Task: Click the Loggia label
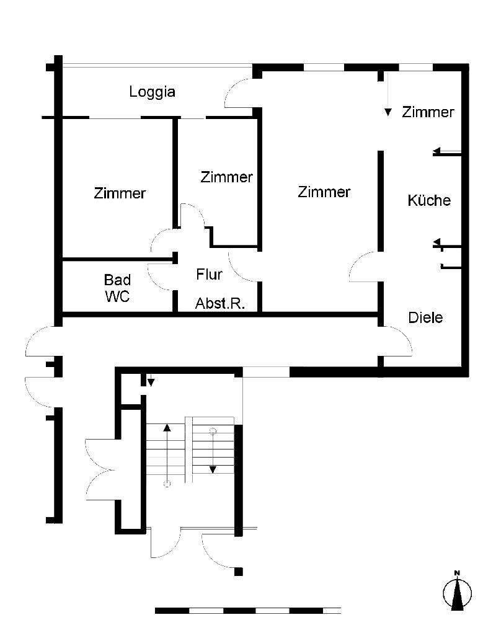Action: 152,92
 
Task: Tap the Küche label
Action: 429,200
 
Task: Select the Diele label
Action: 426,317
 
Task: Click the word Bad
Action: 117,280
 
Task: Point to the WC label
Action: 117,296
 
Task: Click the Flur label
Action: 209,274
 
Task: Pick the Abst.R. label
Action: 220,304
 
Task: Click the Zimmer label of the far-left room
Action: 120,193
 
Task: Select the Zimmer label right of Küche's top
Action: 428,112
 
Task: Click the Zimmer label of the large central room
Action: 324,192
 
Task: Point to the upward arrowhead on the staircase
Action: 167,427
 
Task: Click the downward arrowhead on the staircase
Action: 213,469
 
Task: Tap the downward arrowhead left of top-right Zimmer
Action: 388,112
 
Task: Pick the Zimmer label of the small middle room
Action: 226,177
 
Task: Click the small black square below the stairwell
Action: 239,572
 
